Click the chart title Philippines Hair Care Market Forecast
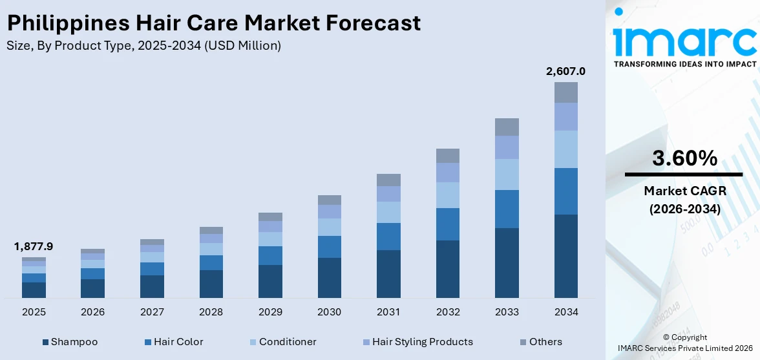click(x=213, y=23)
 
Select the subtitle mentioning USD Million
click(x=143, y=46)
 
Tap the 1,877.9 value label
click(x=34, y=246)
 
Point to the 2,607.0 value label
click(x=565, y=71)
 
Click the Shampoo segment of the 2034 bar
click(x=565, y=256)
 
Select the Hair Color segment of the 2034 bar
click(x=565, y=191)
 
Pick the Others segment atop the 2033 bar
click(x=507, y=127)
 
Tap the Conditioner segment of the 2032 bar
click(x=447, y=195)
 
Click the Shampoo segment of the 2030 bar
click(x=329, y=278)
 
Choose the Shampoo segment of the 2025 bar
click(x=34, y=290)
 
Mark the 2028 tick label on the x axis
click(x=211, y=312)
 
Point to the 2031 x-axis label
click(x=388, y=312)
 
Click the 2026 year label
click(x=92, y=312)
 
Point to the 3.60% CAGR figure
click(x=684, y=158)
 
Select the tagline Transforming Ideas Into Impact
click(x=684, y=64)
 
